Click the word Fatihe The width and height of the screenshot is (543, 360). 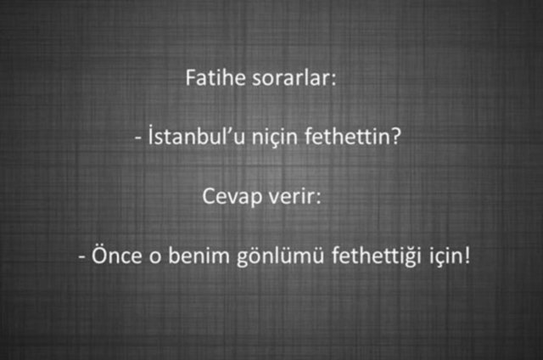[210, 78]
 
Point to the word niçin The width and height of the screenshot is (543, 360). [281, 138]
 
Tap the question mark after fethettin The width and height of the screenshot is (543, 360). [395, 136]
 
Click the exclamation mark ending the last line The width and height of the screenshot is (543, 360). [465, 253]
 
